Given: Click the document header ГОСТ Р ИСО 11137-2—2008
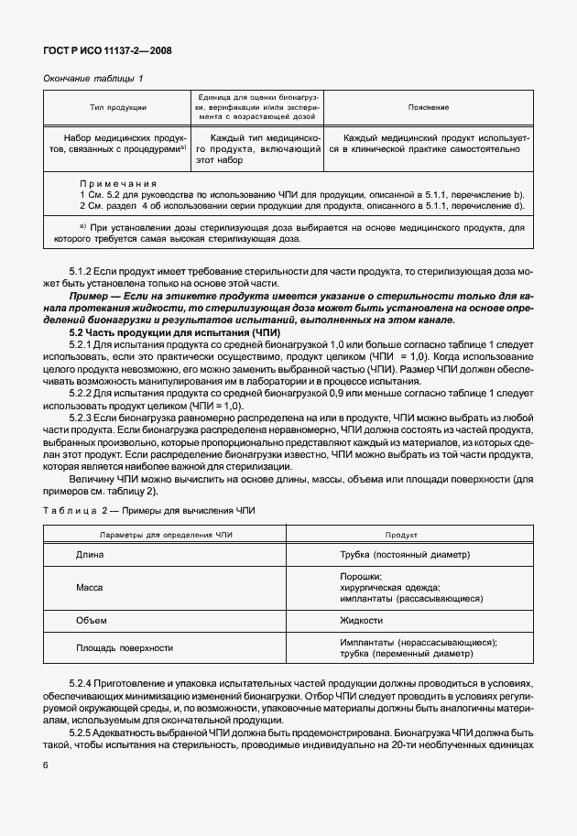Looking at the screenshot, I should coord(107,50).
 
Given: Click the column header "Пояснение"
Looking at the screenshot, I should coord(428,108).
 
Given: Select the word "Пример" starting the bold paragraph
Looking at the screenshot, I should coord(90,297).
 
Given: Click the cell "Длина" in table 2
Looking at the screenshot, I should coord(90,555).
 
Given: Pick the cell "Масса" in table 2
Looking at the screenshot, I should coord(90,587).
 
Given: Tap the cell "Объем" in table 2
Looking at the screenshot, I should coord(91,620).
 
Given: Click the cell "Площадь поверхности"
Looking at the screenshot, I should coord(125,647).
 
